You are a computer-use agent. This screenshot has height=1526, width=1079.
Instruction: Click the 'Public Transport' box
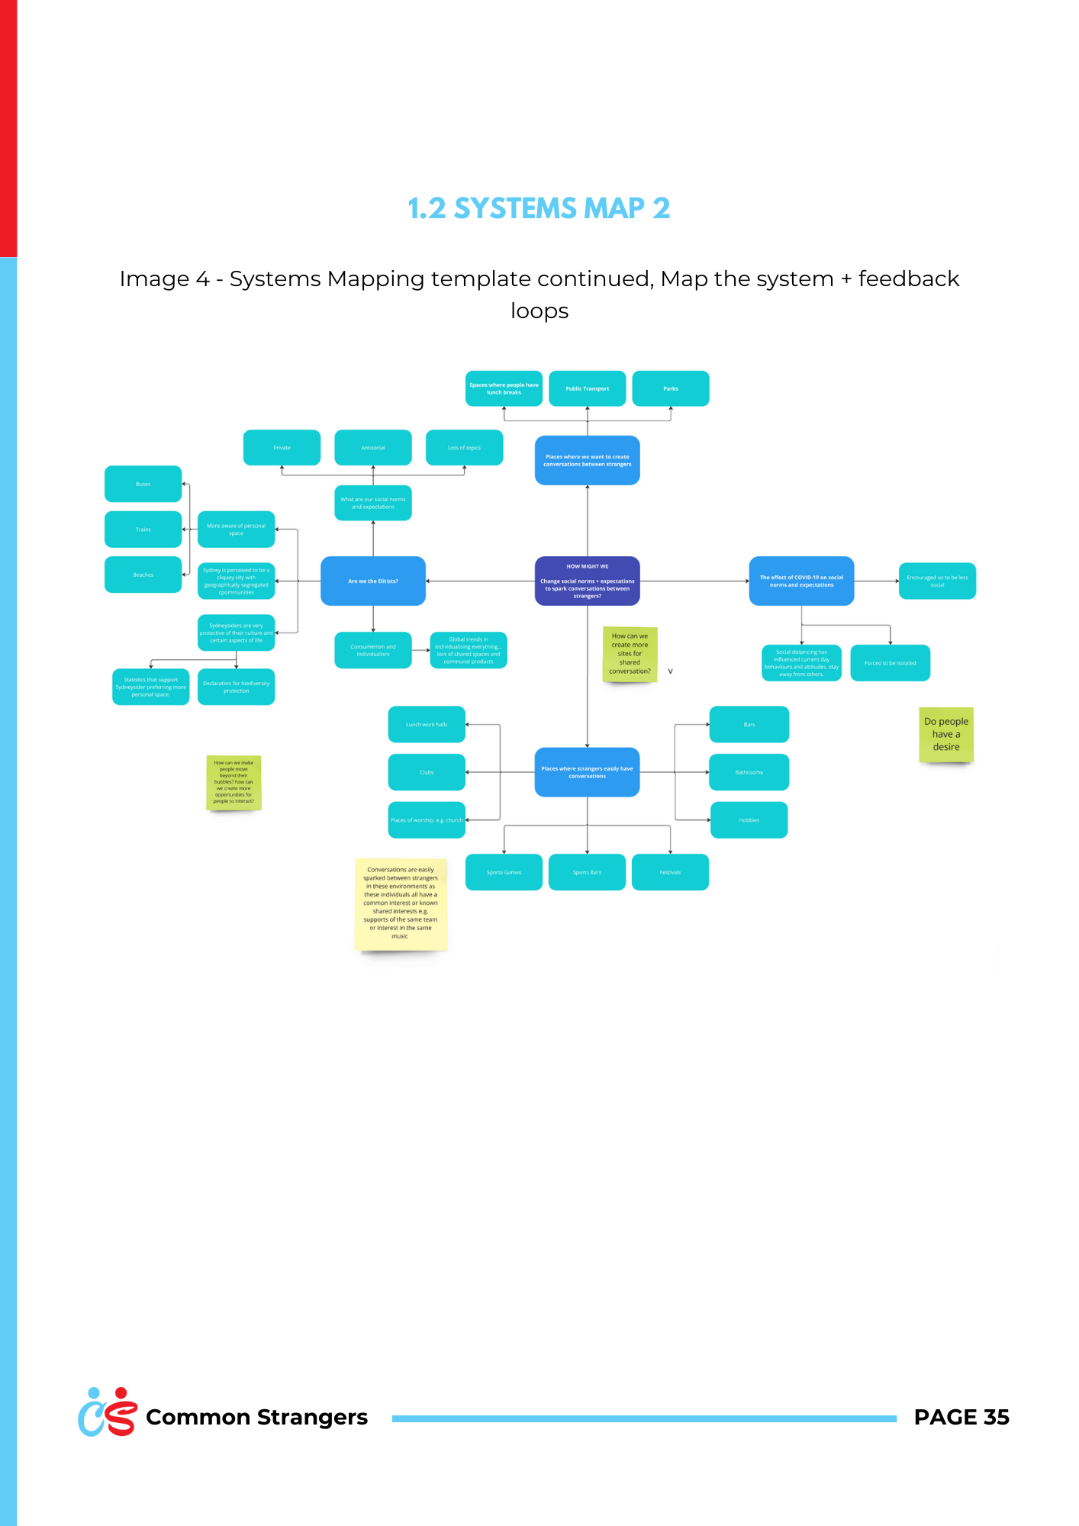(x=587, y=388)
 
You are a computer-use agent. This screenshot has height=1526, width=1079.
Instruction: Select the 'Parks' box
(x=670, y=388)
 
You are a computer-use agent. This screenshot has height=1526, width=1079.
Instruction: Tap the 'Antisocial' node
(x=372, y=448)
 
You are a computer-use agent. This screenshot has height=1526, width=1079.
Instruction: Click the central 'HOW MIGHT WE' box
(x=587, y=581)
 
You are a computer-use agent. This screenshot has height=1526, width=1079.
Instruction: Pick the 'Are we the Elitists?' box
(x=372, y=581)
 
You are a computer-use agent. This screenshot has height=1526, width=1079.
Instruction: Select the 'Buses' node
(x=143, y=484)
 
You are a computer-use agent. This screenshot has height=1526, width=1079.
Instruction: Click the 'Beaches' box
(x=143, y=575)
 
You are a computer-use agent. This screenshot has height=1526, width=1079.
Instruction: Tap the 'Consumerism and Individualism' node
(x=372, y=650)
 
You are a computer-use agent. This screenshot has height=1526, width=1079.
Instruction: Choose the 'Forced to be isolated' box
(x=890, y=663)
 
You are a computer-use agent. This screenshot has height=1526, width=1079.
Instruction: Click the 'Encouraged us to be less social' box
(x=936, y=581)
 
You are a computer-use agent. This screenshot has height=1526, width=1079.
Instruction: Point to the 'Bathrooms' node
(x=749, y=772)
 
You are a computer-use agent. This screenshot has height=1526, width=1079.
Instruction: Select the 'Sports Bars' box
(x=587, y=872)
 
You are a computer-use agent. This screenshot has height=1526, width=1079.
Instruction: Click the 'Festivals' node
(x=670, y=872)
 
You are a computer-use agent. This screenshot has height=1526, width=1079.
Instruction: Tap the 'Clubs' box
(x=427, y=772)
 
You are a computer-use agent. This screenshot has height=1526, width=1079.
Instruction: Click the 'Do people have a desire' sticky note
(x=945, y=734)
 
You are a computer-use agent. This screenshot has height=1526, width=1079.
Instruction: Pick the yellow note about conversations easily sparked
(x=401, y=903)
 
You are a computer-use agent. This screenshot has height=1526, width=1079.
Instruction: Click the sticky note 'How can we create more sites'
(x=630, y=654)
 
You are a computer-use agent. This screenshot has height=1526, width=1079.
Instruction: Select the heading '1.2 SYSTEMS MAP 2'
(x=539, y=208)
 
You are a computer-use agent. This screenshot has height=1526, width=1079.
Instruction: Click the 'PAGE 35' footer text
(x=961, y=1417)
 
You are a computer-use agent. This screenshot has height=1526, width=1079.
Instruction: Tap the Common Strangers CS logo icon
(x=108, y=1412)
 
